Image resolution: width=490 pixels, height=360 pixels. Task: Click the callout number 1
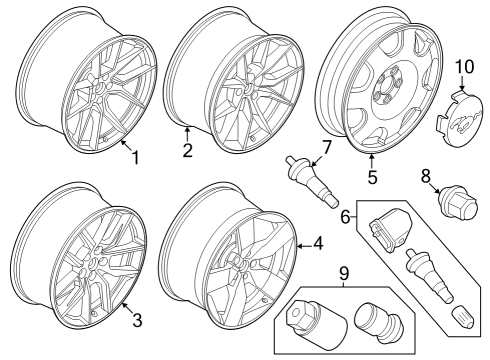click(136, 158)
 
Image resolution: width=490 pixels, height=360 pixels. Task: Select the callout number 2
click(186, 151)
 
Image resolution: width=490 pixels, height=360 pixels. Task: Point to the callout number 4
click(317, 241)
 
